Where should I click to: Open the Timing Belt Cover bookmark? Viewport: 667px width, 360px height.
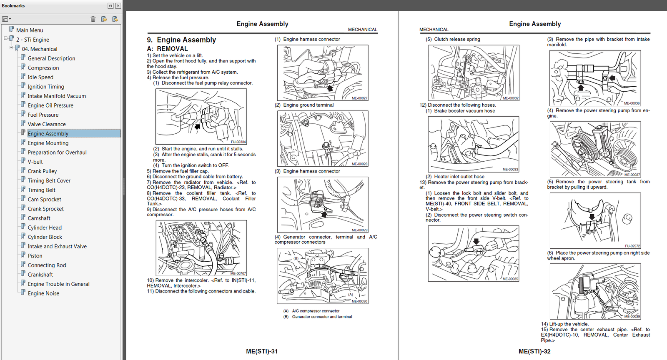click(49, 180)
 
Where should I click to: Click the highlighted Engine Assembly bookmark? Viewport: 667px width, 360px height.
click(48, 133)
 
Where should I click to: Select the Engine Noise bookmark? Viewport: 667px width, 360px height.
click(43, 293)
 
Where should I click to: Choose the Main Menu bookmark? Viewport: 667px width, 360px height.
click(29, 30)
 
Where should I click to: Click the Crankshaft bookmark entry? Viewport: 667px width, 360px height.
click(40, 275)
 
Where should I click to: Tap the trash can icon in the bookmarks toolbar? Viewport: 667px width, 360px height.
click(93, 19)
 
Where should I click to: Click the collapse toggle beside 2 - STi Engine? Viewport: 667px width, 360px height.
click(5, 38)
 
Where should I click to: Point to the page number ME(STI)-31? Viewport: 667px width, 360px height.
click(262, 351)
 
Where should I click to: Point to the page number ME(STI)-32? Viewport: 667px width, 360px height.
click(534, 351)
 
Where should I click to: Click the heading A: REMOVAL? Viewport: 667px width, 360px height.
click(167, 49)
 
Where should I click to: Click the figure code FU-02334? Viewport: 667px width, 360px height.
click(238, 142)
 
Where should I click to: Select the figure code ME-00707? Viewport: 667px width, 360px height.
click(238, 273)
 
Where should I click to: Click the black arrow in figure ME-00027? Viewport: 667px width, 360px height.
click(330, 88)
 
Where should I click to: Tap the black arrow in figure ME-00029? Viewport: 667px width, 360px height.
click(324, 214)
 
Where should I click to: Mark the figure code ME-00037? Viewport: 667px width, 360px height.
click(632, 175)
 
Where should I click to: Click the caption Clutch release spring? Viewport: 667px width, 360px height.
click(457, 39)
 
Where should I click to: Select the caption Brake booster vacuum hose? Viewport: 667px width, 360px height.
click(464, 111)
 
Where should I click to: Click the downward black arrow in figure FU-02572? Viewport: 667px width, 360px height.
click(592, 217)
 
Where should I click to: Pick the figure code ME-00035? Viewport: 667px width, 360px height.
click(510, 279)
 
